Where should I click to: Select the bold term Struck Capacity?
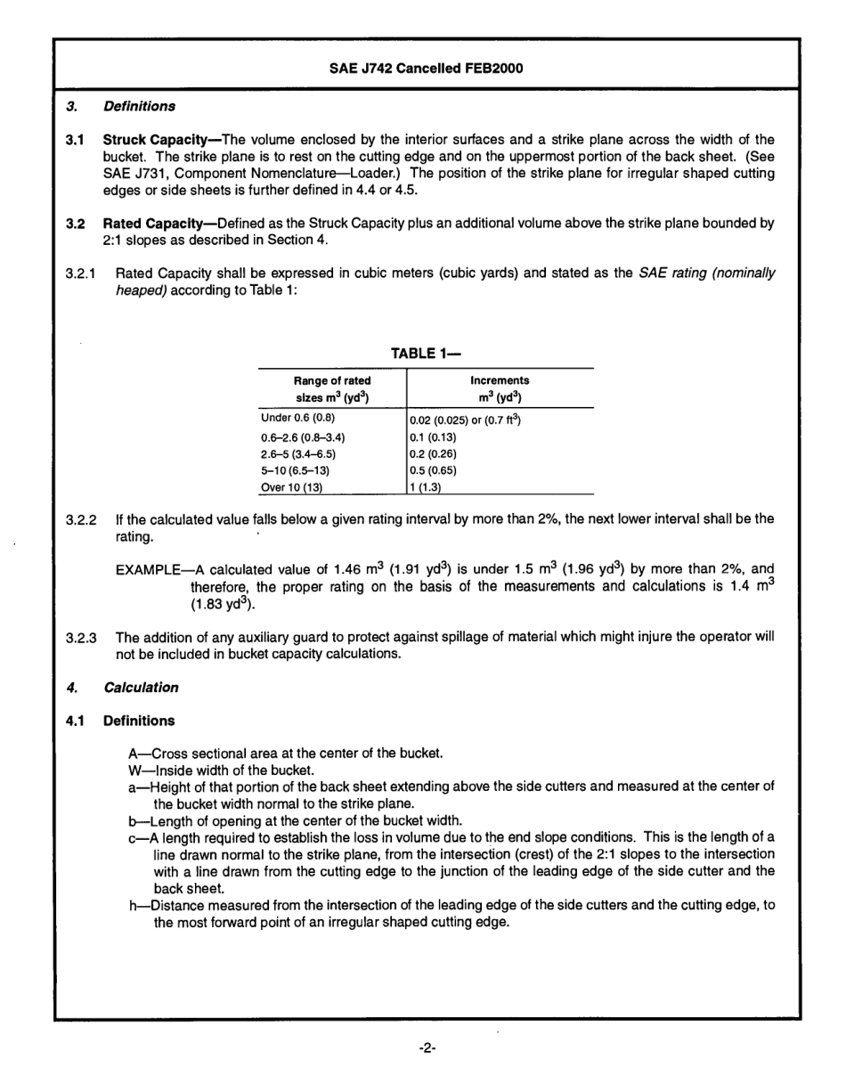160,140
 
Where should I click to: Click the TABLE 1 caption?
425,354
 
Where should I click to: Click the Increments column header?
499,388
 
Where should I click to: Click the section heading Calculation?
140,687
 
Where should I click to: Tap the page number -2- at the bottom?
425,1047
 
